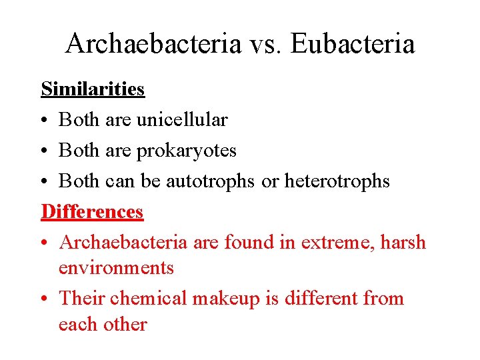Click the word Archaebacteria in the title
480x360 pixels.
[153, 44]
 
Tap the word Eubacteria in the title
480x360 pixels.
[353, 44]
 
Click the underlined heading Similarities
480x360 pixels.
[93, 89]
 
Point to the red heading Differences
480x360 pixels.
[92, 211]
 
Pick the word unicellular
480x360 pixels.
[181, 120]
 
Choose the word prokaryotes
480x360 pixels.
[186, 151]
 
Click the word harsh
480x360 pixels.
[403, 243]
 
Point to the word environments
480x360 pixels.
[116, 268]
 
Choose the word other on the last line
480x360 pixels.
[125, 324]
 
